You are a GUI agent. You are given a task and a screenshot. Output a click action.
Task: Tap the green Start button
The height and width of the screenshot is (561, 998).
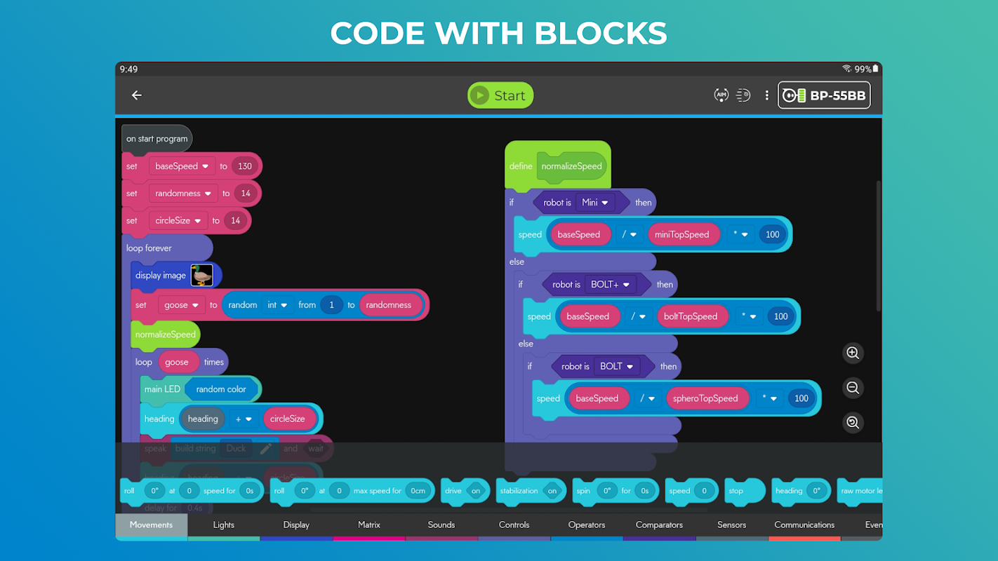(500, 95)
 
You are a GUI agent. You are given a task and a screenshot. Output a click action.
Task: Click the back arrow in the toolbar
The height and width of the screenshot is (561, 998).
(137, 95)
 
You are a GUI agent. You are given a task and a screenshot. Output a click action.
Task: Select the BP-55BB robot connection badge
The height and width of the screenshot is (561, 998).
(824, 95)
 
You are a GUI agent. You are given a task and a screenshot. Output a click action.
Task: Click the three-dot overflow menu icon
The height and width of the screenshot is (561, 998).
(766, 95)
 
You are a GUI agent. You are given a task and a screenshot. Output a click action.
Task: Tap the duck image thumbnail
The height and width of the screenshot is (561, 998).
(202, 276)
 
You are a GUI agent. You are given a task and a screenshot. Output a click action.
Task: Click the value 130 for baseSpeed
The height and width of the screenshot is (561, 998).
(245, 166)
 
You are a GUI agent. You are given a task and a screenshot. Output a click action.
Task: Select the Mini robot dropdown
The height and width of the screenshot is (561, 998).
(594, 203)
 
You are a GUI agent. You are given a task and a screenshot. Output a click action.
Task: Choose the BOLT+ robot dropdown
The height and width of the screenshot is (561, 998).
(609, 285)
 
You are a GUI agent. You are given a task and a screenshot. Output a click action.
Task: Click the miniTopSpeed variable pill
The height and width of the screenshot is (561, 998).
(681, 235)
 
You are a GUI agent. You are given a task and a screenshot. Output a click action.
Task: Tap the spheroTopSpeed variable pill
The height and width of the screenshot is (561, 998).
(705, 398)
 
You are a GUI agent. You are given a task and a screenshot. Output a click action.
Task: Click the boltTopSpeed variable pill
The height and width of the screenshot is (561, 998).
(690, 316)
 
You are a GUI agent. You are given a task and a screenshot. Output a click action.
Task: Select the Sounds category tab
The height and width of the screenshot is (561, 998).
(441, 525)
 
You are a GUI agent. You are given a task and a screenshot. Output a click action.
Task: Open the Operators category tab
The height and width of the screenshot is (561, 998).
(587, 525)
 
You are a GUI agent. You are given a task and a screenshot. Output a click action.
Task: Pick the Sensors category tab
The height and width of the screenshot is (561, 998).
(731, 525)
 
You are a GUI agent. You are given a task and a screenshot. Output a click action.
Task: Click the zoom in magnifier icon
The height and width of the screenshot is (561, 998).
(853, 353)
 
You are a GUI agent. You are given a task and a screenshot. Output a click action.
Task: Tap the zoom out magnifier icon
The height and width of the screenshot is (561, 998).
(853, 388)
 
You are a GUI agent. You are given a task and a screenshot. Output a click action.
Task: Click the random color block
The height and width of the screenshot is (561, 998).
(221, 389)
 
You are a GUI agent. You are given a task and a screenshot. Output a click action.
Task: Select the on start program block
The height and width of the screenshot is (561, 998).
(157, 139)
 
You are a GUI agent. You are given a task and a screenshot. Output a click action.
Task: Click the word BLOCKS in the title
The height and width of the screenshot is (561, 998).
(600, 34)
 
